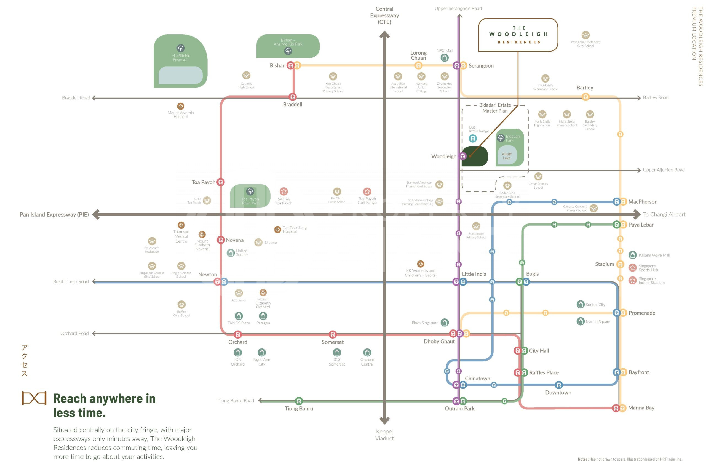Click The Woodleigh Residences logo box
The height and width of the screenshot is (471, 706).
(x=518, y=35)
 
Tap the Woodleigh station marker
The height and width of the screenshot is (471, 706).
(x=463, y=156)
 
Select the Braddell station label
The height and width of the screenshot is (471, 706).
(x=292, y=105)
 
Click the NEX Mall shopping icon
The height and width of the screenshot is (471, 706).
(x=445, y=57)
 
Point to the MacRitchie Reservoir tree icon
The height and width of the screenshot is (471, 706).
(x=180, y=48)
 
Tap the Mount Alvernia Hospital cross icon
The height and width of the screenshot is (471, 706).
(x=180, y=106)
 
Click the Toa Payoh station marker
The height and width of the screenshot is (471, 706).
(x=221, y=182)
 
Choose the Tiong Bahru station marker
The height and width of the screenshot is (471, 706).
(x=299, y=401)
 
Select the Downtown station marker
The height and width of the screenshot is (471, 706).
(x=558, y=385)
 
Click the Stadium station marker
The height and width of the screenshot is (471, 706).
(x=620, y=264)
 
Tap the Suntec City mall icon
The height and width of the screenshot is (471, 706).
(x=581, y=304)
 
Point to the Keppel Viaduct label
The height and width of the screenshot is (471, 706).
(x=384, y=435)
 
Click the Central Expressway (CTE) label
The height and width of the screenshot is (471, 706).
(x=384, y=15)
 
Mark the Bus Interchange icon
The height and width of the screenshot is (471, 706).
(x=473, y=139)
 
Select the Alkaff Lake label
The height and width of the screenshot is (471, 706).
(x=507, y=156)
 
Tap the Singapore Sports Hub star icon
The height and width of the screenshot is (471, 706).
(x=632, y=267)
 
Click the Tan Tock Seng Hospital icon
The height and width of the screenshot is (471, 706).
(x=277, y=230)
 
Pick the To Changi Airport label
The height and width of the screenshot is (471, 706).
(x=664, y=214)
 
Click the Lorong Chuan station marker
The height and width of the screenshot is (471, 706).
(x=418, y=65)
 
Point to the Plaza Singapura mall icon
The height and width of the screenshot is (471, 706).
(x=445, y=322)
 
